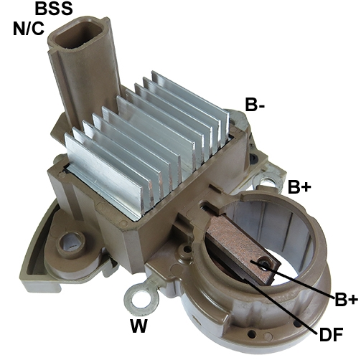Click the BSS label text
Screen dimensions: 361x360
pyautogui.click(x=54, y=8)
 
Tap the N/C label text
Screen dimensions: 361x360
pyautogui.click(x=29, y=29)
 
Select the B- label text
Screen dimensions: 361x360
pyautogui.click(x=255, y=105)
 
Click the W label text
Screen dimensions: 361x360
pyautogui.click(x=139, y=326)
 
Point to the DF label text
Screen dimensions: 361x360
pyautogui.click(x=331, y=334)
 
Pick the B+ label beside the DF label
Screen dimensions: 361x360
pyautogui.click(x=346, y=299)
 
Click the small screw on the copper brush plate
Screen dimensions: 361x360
pyautogui.click(x=266, y=263)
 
